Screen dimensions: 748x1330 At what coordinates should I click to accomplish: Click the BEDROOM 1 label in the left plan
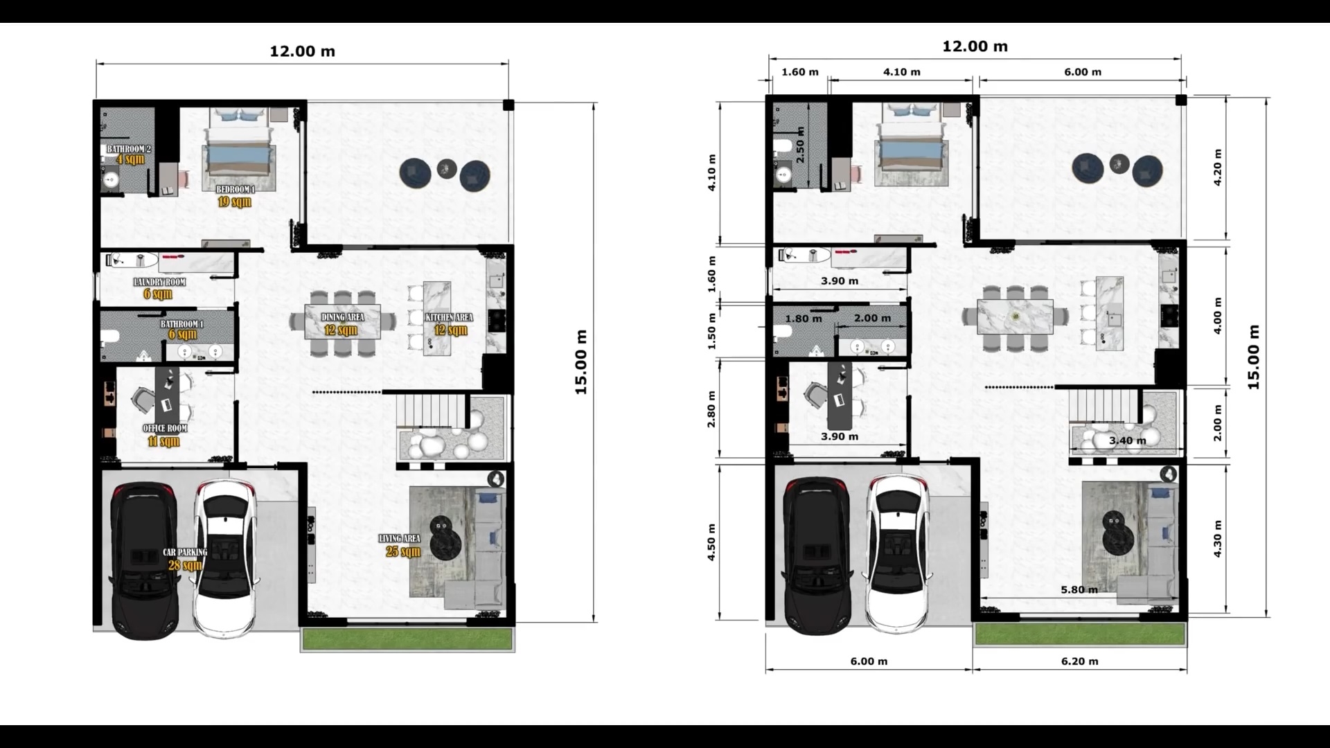[236, 189]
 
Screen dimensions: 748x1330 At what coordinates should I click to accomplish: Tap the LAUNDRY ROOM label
[159, 282]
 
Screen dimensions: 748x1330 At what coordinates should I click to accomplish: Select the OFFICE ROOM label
[165, 428]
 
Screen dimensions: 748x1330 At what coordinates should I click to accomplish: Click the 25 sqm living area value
[403, 552]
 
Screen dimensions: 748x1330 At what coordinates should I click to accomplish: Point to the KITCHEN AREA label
[449, 317]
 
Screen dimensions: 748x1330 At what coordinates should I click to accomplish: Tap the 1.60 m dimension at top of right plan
[799, 72]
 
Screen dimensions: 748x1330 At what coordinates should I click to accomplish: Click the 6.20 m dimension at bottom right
[1079, 661]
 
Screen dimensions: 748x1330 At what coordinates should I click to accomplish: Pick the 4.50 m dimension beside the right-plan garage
[711, 542]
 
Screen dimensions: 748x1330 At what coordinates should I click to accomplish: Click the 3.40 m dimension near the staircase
[1127, 440]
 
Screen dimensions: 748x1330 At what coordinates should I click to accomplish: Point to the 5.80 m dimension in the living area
[1079, 590]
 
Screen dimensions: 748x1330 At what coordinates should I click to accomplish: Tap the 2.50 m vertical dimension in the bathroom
[800, 145]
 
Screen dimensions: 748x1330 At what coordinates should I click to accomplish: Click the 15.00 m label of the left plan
[580, 362]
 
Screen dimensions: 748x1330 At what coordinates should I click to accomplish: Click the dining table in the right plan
[1015, 317]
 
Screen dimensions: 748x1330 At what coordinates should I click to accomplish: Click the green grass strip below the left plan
[407, 639]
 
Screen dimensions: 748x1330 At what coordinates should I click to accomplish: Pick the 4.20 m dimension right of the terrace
[1218, 168]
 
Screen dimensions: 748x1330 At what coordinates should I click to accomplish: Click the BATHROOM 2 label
[128, 149]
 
